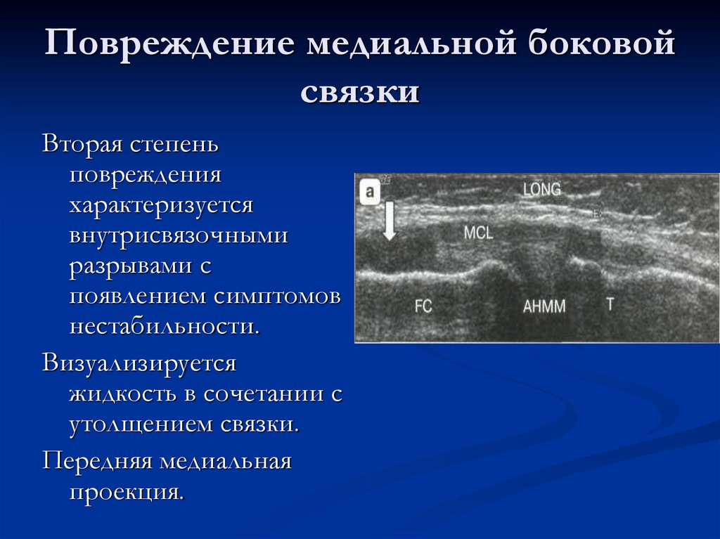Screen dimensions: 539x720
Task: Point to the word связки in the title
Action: coord(360,92)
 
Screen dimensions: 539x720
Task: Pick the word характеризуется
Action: coord(160,205)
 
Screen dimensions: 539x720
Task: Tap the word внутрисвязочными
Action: coord(179,235)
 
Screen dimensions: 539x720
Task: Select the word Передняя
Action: coord(97,462)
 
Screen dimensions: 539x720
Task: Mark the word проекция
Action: coord(127,492)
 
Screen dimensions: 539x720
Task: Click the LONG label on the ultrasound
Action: coord(542,189)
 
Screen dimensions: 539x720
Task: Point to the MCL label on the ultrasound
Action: coord(479,233)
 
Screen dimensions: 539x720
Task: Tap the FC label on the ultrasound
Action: coord(423,306)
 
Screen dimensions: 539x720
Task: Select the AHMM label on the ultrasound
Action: coord(544,306)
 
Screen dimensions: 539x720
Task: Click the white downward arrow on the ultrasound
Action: coord(389,221)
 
